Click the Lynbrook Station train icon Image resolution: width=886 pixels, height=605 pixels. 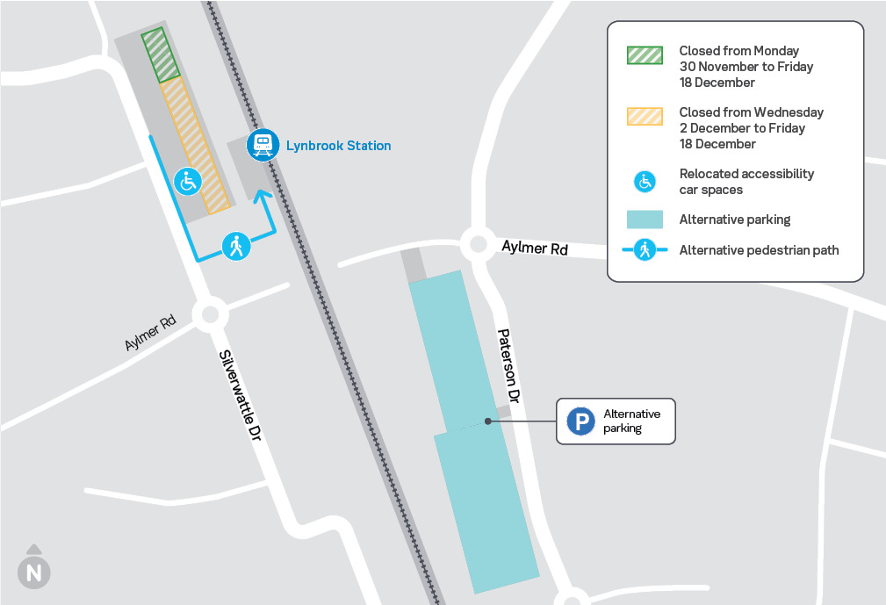(262, 145)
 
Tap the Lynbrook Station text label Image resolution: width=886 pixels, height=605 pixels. (338, 146)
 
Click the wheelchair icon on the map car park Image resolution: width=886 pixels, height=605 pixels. (188, 182)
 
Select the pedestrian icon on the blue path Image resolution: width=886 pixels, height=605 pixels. (236, 247)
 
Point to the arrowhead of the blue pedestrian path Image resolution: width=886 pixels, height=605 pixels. (261, 194)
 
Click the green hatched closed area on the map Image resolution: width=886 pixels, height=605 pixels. (162, 55)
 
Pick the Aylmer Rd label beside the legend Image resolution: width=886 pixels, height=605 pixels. (535, 248)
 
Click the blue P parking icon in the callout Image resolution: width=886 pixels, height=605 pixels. (580, 421)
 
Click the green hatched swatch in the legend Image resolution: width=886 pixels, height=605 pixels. (645, 55)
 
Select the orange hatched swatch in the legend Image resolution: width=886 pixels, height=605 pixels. (645, 117)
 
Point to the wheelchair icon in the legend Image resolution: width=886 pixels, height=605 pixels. (645, 182)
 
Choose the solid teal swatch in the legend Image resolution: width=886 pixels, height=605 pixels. (645, 220)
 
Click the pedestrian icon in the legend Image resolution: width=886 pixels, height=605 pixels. (645, 251)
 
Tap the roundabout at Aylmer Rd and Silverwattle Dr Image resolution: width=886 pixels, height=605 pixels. (209, 314)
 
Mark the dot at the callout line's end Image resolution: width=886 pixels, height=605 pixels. (487, 421)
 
